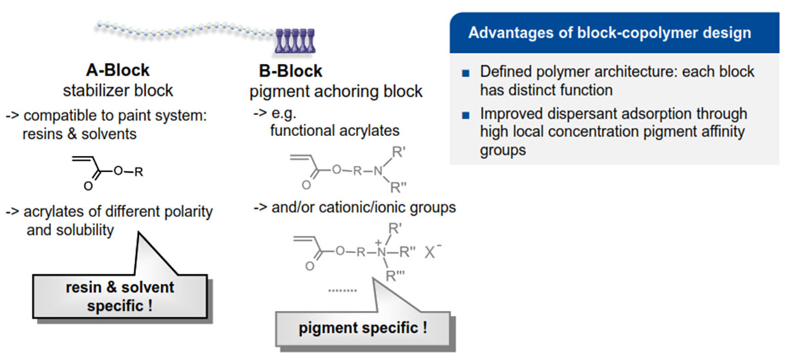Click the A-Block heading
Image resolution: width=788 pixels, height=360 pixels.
[118, 70]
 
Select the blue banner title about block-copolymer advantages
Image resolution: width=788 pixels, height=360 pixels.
[609, 33]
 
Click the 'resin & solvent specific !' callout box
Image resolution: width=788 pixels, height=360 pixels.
[120, 295]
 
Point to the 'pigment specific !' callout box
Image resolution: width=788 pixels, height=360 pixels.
[363, 327]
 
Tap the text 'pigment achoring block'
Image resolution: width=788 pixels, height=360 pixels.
[340, 91]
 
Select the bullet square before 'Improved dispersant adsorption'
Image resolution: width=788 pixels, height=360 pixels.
[465, 114]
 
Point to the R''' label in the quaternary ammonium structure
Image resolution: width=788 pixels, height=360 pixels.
[393, 275]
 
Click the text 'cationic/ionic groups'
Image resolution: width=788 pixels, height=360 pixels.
[386, 208]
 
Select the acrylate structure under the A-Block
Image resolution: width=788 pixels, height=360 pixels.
[108, 170]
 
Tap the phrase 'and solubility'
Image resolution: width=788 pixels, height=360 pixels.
[70, 230]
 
